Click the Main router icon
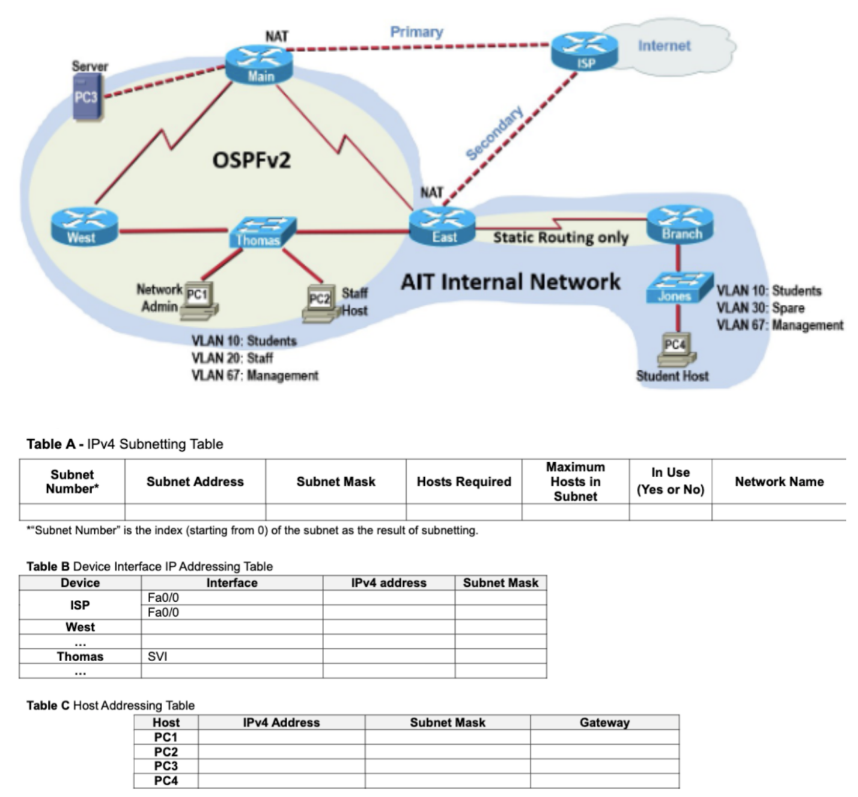(x=260, y=65)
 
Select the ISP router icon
(x=584, y=51)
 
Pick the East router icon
(x=442, y=227)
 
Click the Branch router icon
(x=680, y=224)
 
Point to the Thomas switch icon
(x=263, y=232)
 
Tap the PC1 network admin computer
(x=198, y=299)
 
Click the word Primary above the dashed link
(x=416, y=32)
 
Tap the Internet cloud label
(x=663, y=46)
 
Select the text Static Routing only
(x=560, y=237)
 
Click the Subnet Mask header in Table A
(x=335, y=481)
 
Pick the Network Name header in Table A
(x=779, y=481)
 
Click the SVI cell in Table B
(x=157, y=656)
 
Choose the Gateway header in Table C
(x=604, y=722)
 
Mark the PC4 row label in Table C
(x=166, y=781)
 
